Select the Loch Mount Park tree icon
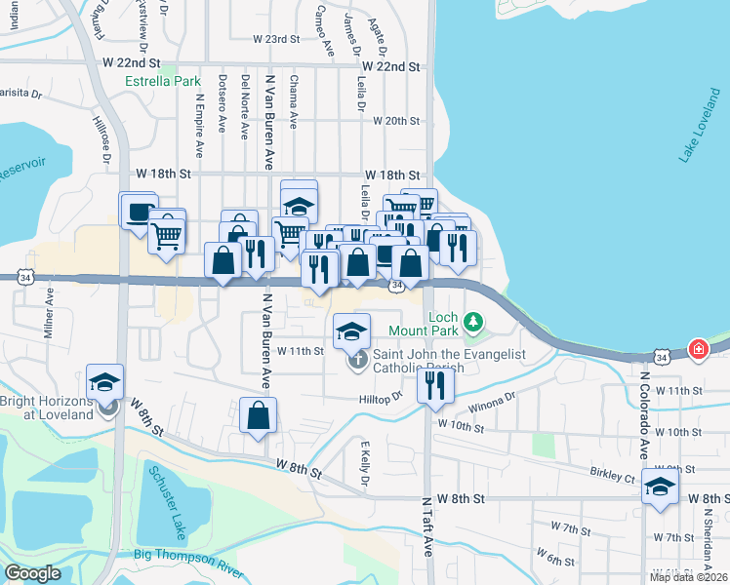pyautogui.click(x=473, y=320)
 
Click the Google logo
pyautogui.click(x=32, y=573)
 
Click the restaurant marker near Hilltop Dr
pyautogui.click(x=432, y=384)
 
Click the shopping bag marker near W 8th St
pyautogui.click(x=258, y=415)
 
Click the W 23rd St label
pyautogui.click(x=274, y=39)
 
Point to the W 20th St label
pyautogui.click(x=395, y=121)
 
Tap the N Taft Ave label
pyautogui.click(x=427, y=537)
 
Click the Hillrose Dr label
pyautogui.click(x=101, y=140)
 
